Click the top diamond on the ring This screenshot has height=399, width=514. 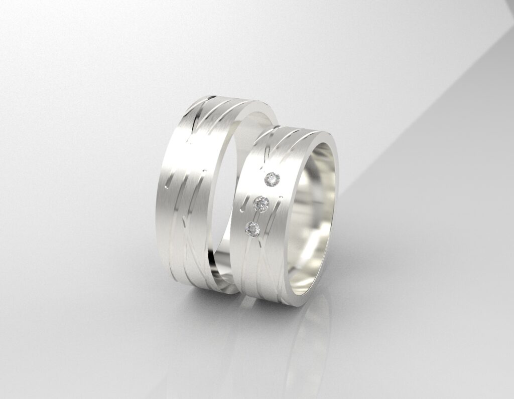pyautogui.click(x=272, y=178)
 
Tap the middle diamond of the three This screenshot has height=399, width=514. pyautogui.click(x=262, y=203)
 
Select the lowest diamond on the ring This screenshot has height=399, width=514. pyautogui.click(x=252, y=228)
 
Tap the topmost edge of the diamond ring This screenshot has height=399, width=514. pyautogui.click(x=296, y=126)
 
